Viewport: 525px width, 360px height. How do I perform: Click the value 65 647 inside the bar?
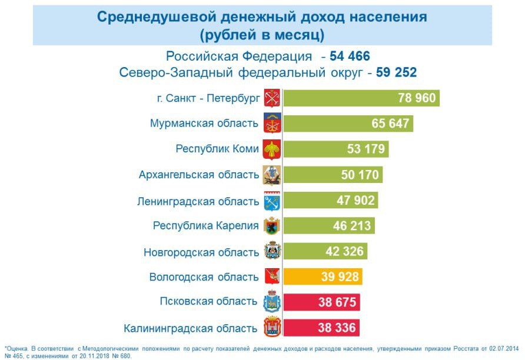390,124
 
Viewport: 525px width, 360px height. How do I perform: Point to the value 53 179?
366,149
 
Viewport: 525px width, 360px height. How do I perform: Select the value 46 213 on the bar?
352,226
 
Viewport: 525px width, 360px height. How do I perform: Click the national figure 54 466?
350,56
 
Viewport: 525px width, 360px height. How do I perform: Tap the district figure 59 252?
397,72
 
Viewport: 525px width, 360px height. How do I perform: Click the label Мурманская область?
204,124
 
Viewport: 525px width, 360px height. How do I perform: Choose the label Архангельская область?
199,175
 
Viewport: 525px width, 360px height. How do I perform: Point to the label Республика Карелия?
205,226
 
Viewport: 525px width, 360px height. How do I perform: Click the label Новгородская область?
201,252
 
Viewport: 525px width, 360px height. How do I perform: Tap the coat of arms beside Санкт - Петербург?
272,98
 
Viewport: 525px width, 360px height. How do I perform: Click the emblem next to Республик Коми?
272,149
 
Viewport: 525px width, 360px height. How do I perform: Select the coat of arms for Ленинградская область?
272,201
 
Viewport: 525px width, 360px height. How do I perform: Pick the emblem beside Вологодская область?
272,276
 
